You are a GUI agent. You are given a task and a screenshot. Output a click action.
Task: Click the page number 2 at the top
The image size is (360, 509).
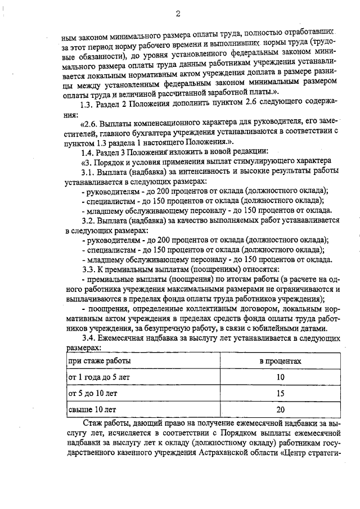coord(178,13)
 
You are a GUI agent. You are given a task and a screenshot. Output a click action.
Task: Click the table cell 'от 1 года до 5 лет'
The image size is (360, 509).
coord(98,377)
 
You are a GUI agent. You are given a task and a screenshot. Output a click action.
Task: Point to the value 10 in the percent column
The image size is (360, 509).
coord(280,377)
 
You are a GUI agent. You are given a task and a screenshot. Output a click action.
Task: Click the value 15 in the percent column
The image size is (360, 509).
coord(280,394)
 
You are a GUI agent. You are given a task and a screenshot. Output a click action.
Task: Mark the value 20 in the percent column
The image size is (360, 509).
coord(280,410)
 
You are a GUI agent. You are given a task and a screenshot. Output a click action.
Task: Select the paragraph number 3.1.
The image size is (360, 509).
coord(88,172)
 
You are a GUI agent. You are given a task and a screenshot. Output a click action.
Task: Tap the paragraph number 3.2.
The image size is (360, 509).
coord(88,220)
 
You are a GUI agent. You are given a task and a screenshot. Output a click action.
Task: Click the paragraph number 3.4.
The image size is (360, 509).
coord(89,338)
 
